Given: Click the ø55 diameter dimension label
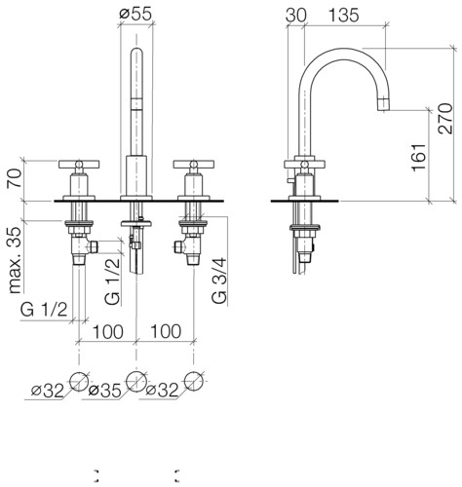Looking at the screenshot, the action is pos(135,14).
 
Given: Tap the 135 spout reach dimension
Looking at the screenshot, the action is pos(344,16).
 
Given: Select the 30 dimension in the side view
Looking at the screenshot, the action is pos(295,16).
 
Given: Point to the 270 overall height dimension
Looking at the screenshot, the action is pos(445,119).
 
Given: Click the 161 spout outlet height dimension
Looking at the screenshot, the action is pos(419,157).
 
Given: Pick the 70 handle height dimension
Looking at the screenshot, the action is pos(16,177).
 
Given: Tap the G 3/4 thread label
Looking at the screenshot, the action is pos(219,281).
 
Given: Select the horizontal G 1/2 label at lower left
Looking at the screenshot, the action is pos(44,310).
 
